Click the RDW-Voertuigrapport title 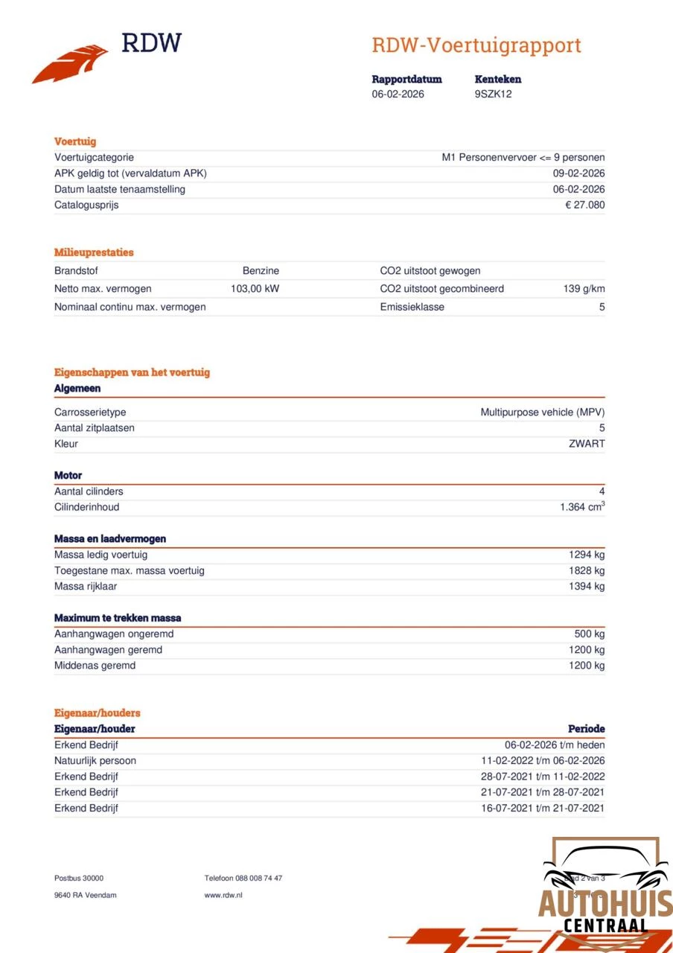[476, 45]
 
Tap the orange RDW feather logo [70, 64]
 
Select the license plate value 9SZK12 [493, 95]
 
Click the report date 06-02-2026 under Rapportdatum [398, 95]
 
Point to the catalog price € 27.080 [584, 205]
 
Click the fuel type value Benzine [261, 271]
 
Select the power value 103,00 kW [255, 289]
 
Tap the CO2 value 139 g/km [584, 289]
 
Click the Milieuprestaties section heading [94, 252]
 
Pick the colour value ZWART [587, 444]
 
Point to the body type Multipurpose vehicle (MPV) [542, 412]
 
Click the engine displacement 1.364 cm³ [582, 507]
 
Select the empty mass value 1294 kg [587, 555]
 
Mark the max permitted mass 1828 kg [587, 570]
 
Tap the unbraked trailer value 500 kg [589, 634]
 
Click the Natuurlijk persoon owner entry [95, 761]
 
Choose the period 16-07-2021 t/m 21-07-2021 [542, 809]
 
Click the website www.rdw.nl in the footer [223, 895]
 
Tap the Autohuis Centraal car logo [605, 890]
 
